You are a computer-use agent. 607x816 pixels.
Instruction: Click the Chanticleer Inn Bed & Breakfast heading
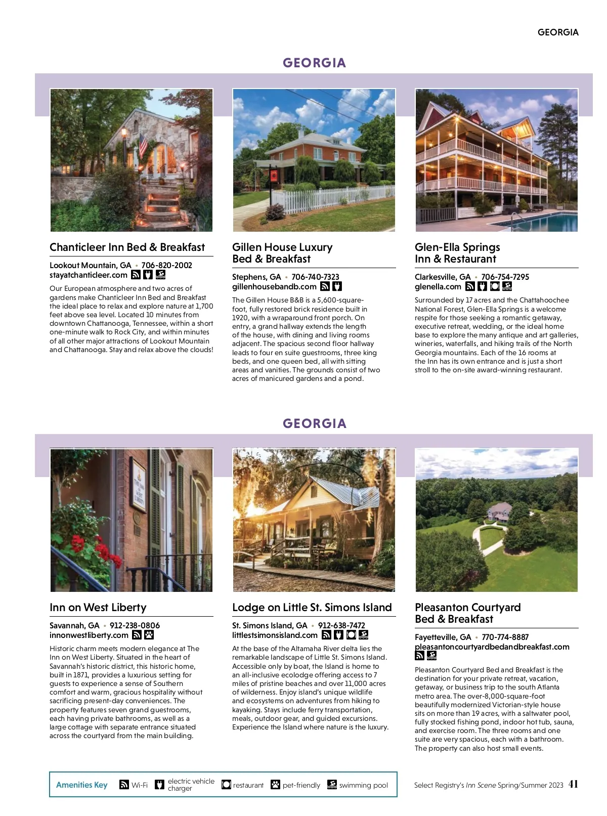[127, 247]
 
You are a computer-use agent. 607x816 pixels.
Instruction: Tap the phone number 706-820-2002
[166, 265]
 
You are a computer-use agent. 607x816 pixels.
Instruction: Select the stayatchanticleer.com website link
[89, 275]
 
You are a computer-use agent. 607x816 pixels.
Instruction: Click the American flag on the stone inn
[143, 144]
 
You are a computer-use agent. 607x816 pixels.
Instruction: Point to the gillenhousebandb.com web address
[274, 287]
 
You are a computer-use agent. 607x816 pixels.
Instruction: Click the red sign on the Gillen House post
[274, 176]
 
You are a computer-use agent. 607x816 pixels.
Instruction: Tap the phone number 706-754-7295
[505, 277]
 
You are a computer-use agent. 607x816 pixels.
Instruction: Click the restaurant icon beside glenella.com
[495, 287]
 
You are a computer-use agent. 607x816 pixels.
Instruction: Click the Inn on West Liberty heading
[98, 608]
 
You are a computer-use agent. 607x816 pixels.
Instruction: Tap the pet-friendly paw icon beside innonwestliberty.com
[149, 635]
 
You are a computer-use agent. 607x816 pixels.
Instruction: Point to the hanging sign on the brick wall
[139, 486]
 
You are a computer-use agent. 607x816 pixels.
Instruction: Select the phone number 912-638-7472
[341, 626]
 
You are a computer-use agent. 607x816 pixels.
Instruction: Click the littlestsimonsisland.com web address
[275, 635]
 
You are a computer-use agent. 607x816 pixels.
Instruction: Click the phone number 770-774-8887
[505, 637]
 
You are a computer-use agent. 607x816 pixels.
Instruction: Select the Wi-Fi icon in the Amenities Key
[124, 785]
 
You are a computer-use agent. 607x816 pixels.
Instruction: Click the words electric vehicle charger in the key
[191, 785]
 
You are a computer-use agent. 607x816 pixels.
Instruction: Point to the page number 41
[573, 785]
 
